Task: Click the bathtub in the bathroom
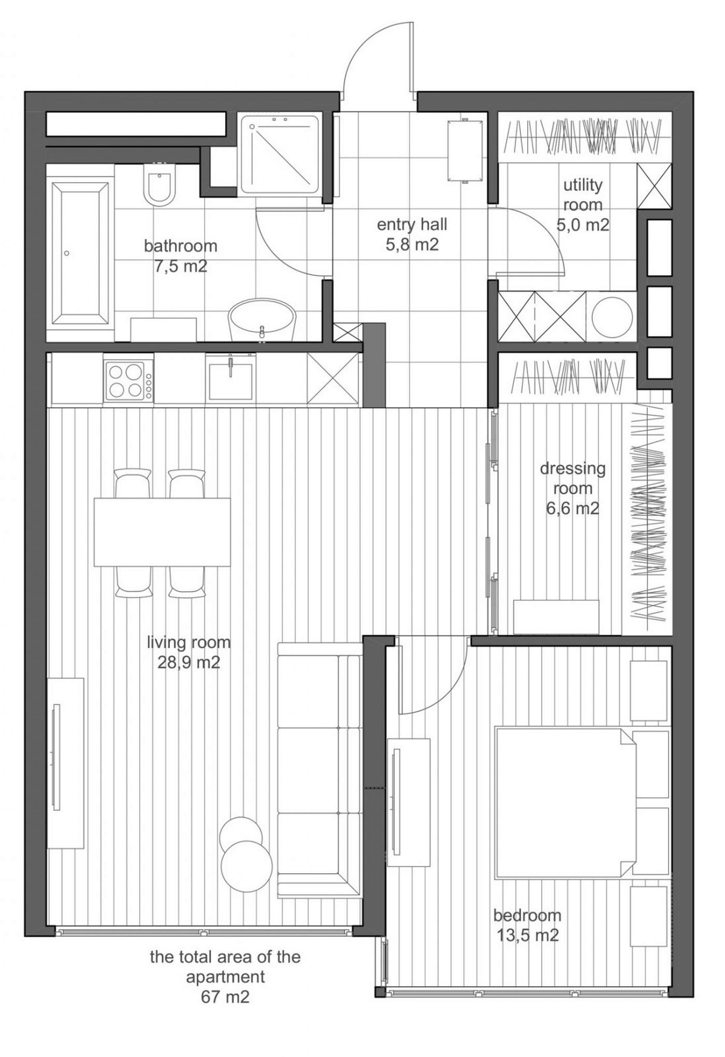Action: [80, 254]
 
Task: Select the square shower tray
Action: [280, 155]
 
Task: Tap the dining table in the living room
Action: [162, 532]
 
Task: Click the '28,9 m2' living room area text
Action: [189, 663]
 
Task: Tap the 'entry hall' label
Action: [412, 225]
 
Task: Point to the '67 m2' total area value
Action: [225, 997]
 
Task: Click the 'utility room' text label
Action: [583, 195]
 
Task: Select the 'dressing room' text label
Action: [573, 478]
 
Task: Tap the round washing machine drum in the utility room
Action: [612, 317]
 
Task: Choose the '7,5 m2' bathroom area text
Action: [181, 267]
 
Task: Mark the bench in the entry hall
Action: [466, 150]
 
